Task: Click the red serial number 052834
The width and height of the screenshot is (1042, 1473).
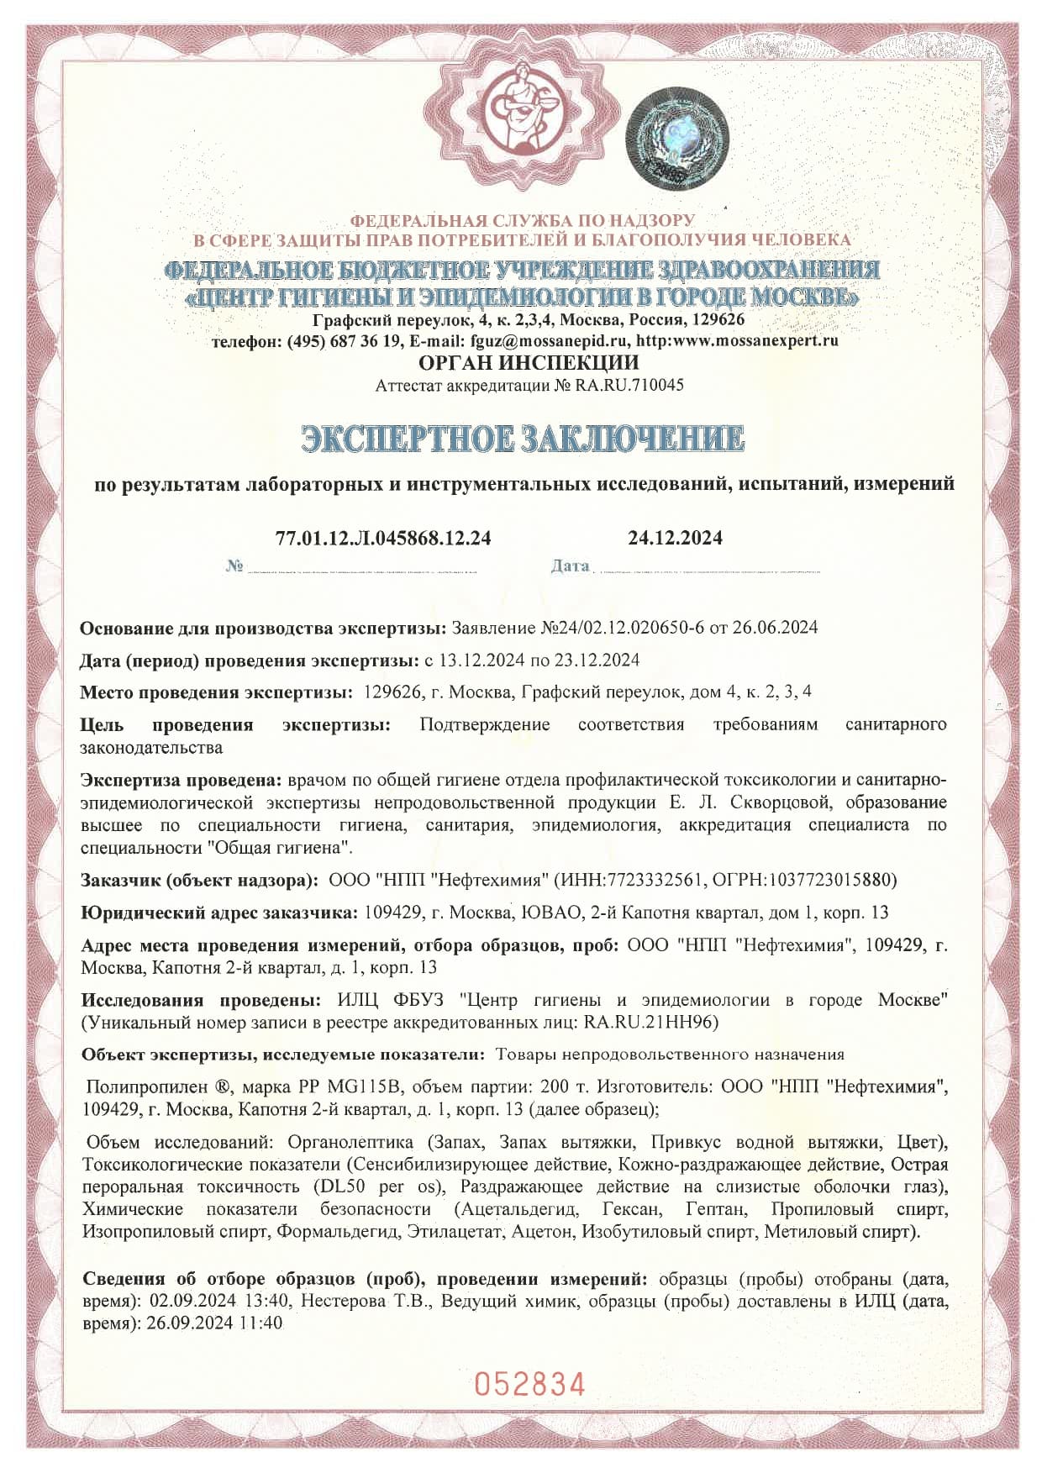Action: (529, 1383)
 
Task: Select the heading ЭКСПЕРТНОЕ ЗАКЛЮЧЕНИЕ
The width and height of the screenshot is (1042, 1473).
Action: (523, 439)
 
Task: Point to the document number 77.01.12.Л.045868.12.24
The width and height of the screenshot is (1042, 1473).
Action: (383, 538)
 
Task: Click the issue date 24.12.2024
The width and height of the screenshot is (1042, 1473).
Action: (675, 538)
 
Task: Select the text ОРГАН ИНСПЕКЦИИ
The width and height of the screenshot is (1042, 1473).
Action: (529, 363)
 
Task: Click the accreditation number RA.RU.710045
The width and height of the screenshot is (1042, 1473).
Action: (629, 386)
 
